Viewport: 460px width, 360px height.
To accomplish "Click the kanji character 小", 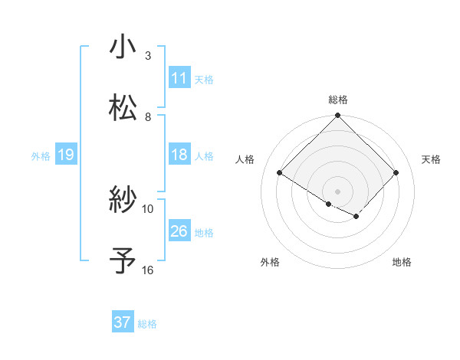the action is coord(123,47).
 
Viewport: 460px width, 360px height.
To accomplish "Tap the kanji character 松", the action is coord(123,108).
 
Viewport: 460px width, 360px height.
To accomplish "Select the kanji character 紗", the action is coord(123,200).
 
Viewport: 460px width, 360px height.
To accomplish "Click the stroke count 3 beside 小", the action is coord(148,56).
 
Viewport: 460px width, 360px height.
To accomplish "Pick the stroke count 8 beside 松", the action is coord(148,117).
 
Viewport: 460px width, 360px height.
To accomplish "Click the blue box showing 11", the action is coord(179,78).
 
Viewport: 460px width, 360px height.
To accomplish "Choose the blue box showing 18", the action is coord(179,155).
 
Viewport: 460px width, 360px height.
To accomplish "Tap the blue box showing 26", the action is coord(179,231).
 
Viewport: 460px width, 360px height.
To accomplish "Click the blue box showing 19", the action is coord(65,155).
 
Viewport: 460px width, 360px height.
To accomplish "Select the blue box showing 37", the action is coord(123,322).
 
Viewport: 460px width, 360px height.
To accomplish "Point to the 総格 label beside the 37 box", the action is coord(147,324).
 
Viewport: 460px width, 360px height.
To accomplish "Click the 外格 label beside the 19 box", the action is coord(41,156).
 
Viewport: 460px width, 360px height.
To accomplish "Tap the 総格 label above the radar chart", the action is coord(337,100).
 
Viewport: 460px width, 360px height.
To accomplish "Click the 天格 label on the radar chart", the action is coord(431,159).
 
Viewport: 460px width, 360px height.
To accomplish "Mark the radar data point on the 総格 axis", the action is coord(337,116).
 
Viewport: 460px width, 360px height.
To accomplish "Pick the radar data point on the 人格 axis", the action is coord(280,173).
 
